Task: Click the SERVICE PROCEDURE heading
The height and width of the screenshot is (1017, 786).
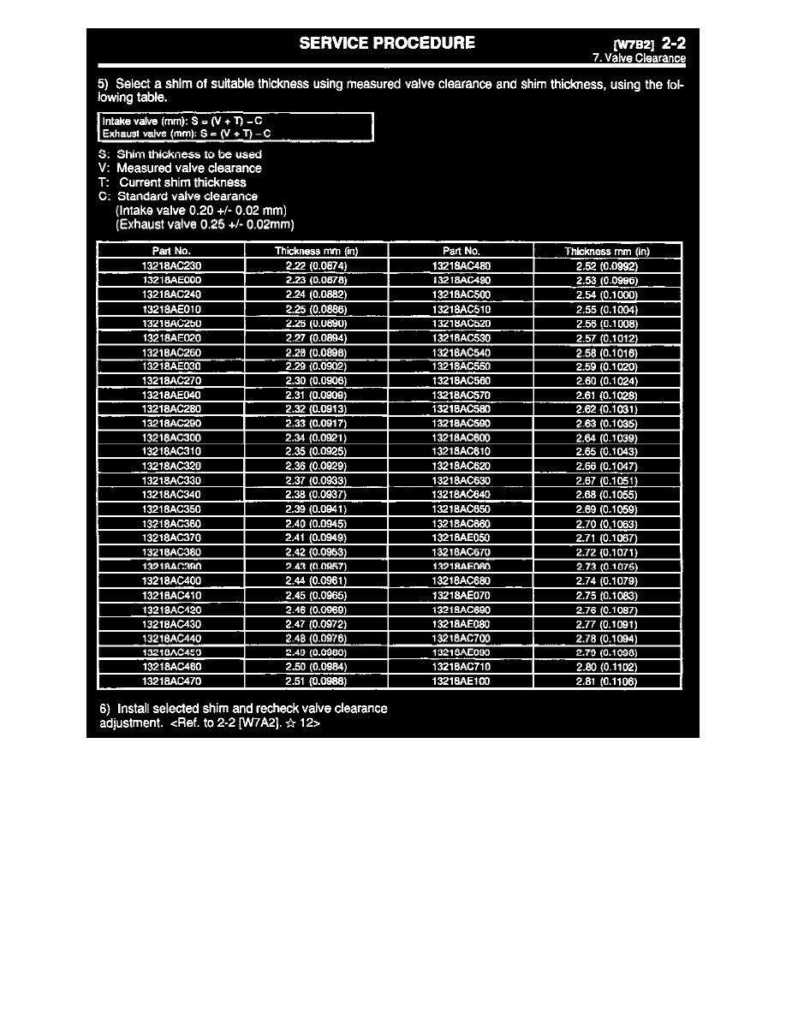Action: click(388, 43)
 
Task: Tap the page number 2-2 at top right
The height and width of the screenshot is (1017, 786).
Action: click(674, 43)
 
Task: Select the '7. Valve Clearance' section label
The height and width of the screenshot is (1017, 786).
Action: click(639, 58)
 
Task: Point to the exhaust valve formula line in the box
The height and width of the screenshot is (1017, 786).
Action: click(186, 134)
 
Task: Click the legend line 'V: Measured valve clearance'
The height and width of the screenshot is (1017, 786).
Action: click(181, 169)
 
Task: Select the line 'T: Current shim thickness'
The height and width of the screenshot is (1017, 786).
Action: click(173, 182)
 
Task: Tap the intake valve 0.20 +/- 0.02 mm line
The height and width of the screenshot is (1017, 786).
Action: click(200, 211)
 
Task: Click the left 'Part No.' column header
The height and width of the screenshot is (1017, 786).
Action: click(171, 251)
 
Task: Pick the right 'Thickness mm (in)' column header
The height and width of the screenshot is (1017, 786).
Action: click(607, 251)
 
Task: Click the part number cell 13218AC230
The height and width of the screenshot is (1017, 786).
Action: click(171, 265)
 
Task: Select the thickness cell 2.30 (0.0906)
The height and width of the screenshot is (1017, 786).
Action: click(316, 381)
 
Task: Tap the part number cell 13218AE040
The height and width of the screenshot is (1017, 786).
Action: click(171, 395)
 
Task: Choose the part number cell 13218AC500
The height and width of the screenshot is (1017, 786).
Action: click(461, 294)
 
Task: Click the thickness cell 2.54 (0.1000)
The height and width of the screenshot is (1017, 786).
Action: click(607, 294)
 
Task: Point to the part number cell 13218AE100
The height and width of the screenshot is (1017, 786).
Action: click(461, 681)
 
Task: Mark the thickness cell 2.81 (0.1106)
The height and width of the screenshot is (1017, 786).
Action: click(607, 681)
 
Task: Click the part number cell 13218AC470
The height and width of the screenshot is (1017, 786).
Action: click(171, 681)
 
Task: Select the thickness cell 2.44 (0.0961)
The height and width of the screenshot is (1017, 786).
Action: click(316, 580)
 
